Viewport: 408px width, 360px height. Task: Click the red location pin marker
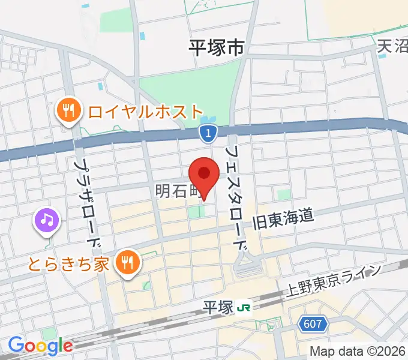click(204, 175)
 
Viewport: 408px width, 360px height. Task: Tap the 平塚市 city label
click(217, 47)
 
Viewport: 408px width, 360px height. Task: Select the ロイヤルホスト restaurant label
click(146, 111)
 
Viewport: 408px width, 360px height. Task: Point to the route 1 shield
click(208, 134)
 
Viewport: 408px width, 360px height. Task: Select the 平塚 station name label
click(217, 307)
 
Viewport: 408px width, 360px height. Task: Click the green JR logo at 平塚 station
click(244, 307)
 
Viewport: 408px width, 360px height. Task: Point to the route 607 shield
click(313, 325)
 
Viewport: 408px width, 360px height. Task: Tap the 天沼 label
click(392, 46)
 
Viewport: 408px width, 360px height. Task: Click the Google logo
click(40, 346)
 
